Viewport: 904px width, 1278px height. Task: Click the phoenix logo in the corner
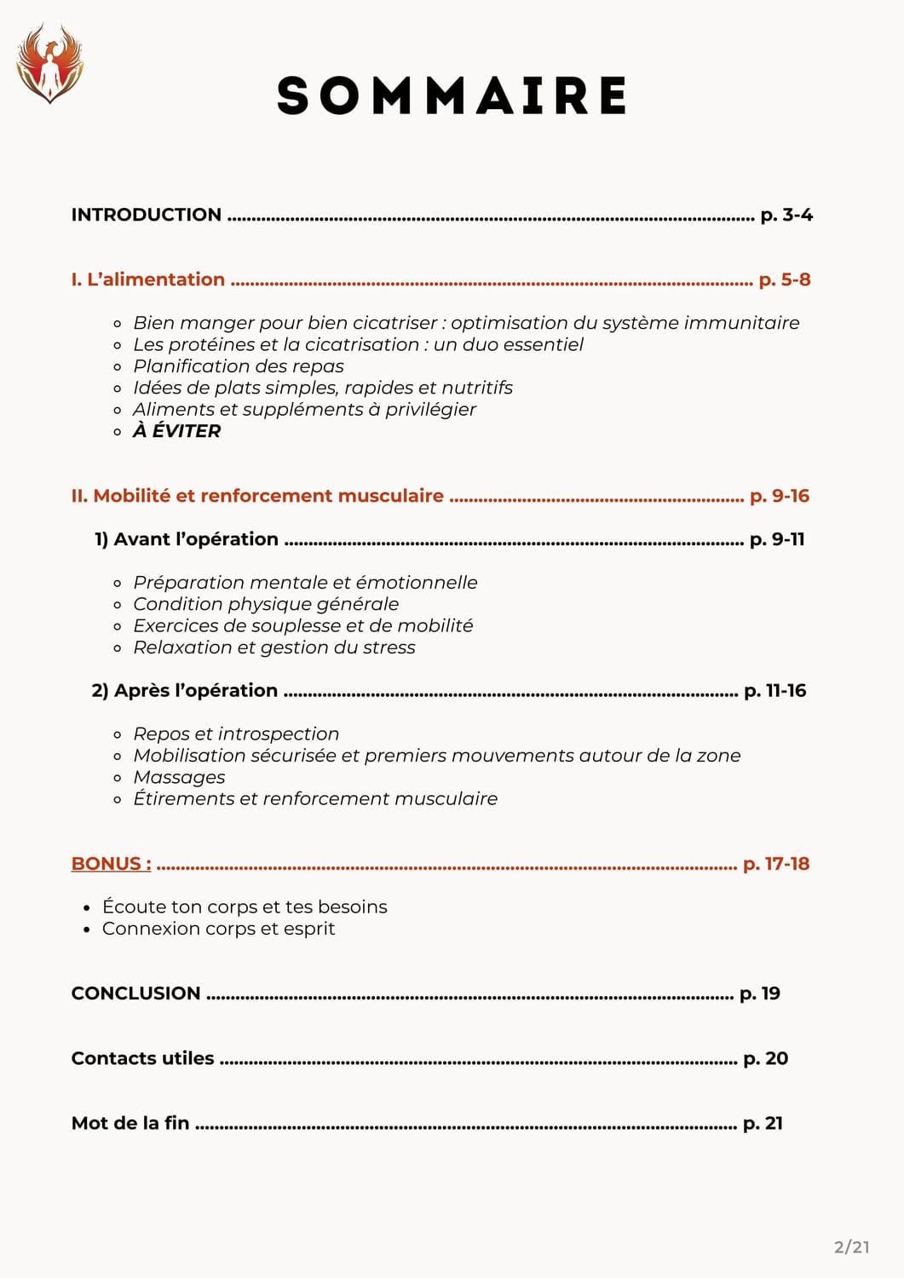(x=49, y=63)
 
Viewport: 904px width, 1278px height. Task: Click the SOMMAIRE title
(x=452, y=95)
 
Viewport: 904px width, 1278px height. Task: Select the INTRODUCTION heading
(x=147, y=215)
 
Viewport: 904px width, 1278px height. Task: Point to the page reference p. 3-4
(x=786, y=215)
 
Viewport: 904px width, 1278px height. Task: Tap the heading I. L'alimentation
(x=148, y=279)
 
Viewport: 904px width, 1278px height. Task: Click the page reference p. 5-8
(x=785, y=279)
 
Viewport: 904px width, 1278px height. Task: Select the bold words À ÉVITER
(x=177, y=431)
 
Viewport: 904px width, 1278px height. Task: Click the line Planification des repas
(x=239, y=366)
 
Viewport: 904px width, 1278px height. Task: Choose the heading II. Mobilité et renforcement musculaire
(x=257, y=496)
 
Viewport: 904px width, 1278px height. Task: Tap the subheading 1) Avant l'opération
(x=187, y=539)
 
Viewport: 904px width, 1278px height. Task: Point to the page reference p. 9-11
(x=777, y=539)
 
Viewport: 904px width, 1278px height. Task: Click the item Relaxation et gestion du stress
(x=274, y=648)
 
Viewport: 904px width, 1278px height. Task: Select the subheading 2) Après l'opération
(x=185, y=690)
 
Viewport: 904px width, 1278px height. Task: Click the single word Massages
(x=180, y=777)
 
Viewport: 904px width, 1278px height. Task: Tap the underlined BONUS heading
(x=112, y=864)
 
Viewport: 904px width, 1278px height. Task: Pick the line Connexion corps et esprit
(x=219, y=929)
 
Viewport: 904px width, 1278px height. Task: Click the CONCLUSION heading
(x=136, y=993)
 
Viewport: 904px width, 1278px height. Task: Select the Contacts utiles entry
(x=143, y=1058)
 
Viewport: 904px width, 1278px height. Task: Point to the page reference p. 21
(x=763, y=1123)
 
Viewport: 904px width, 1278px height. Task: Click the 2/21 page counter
(x=852, y=1247)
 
